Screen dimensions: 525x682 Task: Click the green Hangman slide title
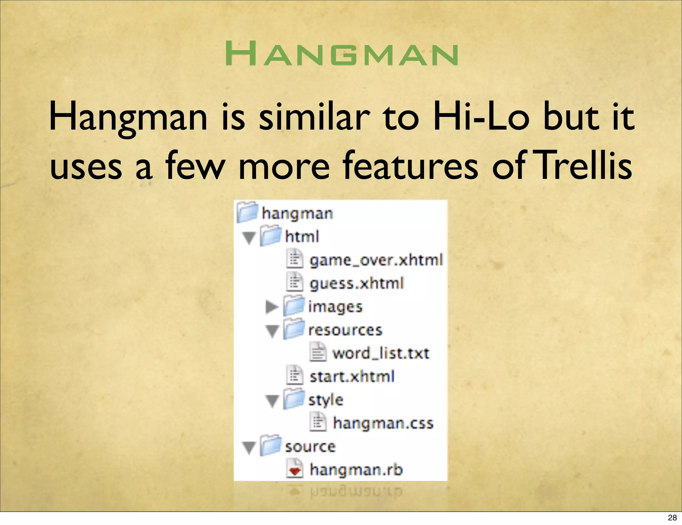point(341,54)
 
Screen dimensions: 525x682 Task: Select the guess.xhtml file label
point(357,283)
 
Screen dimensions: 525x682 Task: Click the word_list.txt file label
point(381,353)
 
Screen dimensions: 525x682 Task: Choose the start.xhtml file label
point(352,377)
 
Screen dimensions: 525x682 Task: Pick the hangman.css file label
point(383,423)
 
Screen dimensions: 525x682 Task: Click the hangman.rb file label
point(356,470)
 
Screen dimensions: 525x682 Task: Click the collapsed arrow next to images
point(272,307)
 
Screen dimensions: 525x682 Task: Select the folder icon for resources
point(294,329)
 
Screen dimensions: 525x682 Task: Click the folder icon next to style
point(294,399)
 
